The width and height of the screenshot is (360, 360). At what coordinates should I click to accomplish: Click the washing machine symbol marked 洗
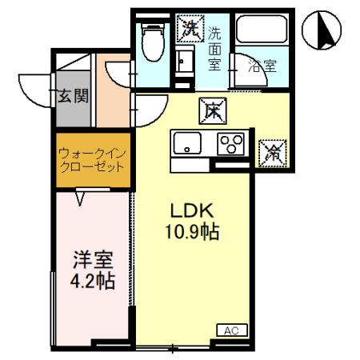click(x=190, y=30)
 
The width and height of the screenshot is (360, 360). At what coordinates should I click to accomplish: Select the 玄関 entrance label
click(x=72, y=98)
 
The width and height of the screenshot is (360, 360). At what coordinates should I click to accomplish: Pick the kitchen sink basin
click(x=189, y=146)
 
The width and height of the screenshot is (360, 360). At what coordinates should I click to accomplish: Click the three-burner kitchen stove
click(x=233, y=146)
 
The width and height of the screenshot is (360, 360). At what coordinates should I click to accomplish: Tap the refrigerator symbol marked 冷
click(x=270, y=150)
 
